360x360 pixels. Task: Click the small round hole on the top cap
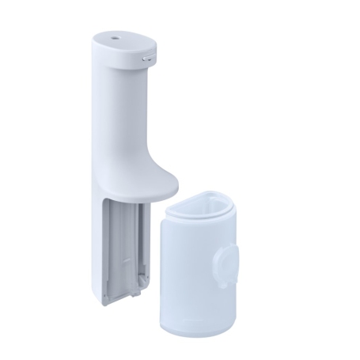pos(117,37)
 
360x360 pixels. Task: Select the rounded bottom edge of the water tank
pos(198,332)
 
